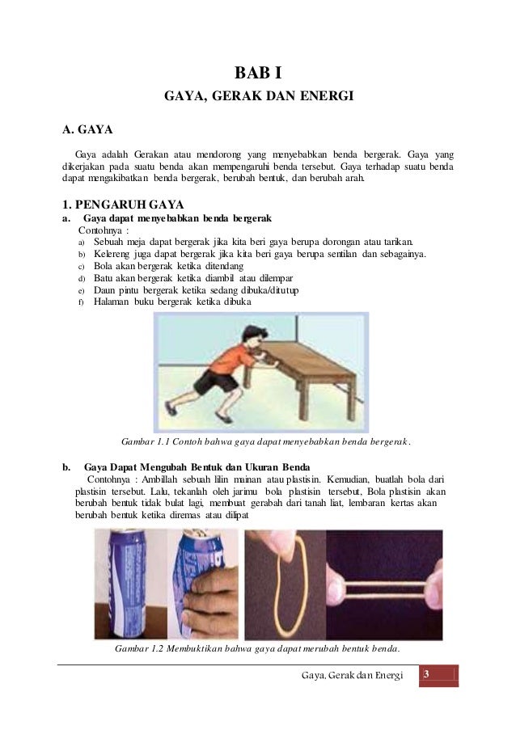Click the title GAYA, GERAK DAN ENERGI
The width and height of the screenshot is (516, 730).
pos(259,97)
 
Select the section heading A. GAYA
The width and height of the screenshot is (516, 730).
pos(88,129)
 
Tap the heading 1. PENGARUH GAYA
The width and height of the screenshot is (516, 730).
pos(123,203)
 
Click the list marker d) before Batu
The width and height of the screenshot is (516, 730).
pos(82,279)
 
